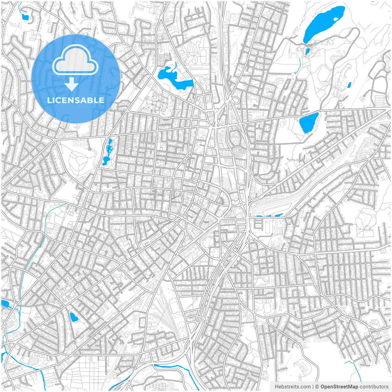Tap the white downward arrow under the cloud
[x=71, y=84]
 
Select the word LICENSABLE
[x=76, y=100]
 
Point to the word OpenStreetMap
[x=339, y=386]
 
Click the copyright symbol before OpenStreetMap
[x=317, y=386]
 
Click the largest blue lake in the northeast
[x=322, y=24]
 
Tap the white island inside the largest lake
[x=336, y=19]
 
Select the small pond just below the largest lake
[x=307, y=51]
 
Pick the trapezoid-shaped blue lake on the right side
[x=308, y=122]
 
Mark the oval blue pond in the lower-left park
[x=74, y=317]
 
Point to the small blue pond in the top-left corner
[x=24, y=17]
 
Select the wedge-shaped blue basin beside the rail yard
[x=279, y=215]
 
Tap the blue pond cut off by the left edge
[x=4, y=303]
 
